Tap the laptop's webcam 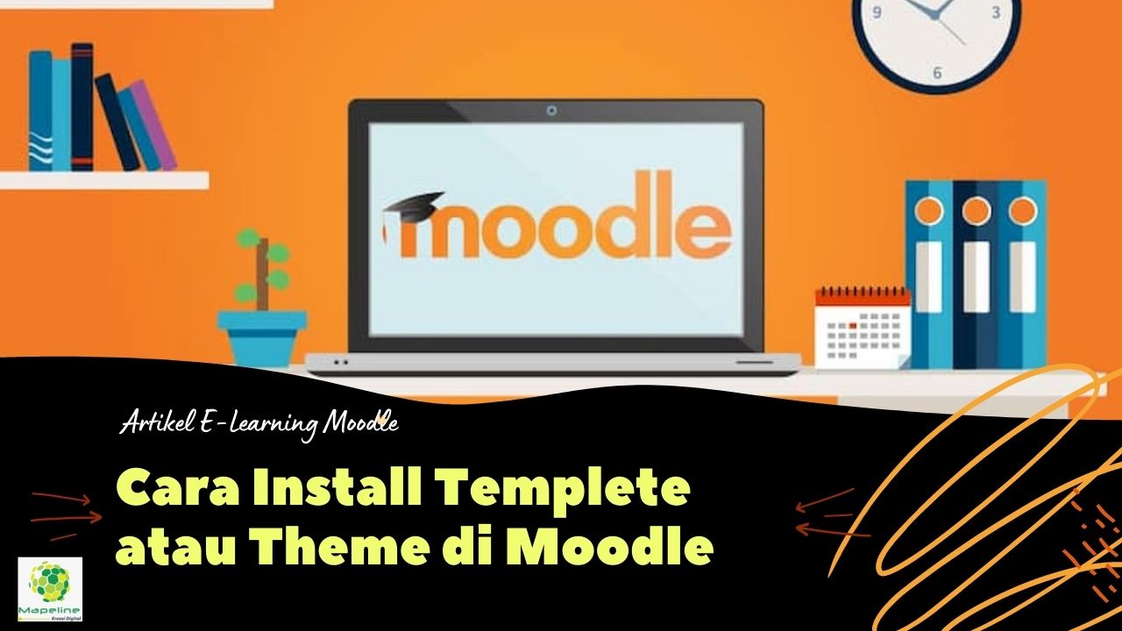551,111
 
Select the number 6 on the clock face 936,74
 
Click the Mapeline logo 50,588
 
